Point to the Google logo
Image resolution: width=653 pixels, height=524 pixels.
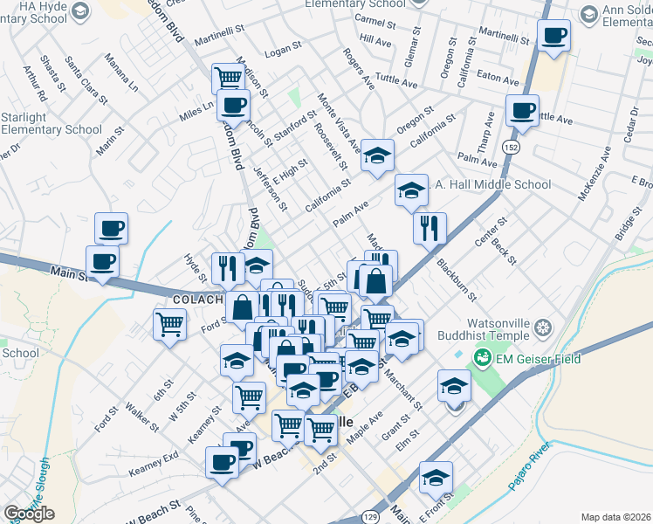[x=29, y=514]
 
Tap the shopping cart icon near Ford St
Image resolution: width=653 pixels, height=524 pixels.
[x=169, y=324]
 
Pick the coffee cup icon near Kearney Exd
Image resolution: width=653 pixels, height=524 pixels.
[x=222, y=461]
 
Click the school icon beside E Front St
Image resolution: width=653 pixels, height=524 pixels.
[x=436, y=477]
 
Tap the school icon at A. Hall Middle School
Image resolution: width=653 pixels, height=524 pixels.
[x=411, y=190]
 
